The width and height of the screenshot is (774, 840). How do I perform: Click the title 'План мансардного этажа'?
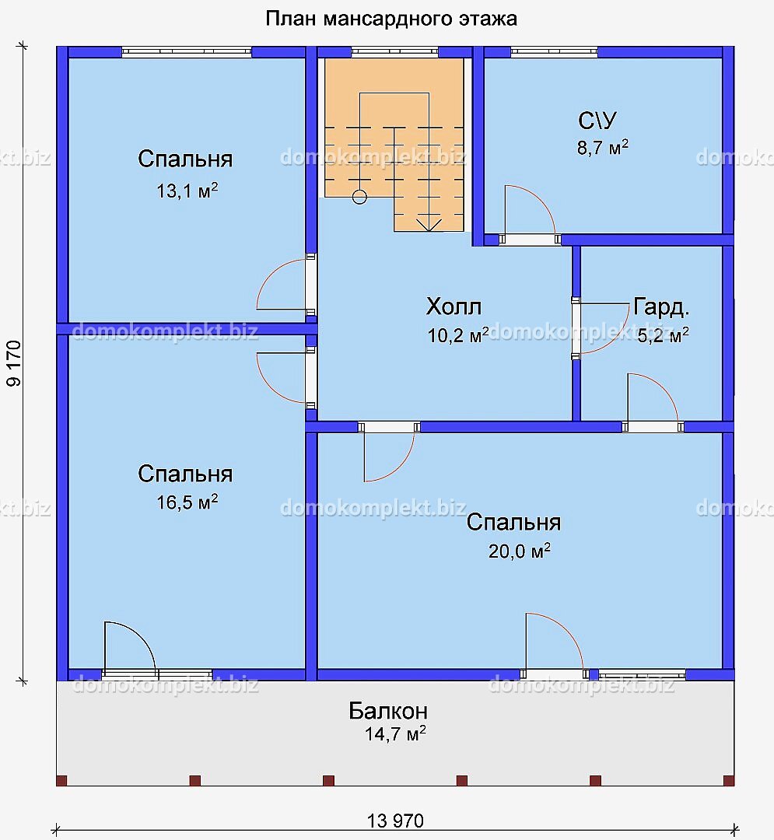[391, 19]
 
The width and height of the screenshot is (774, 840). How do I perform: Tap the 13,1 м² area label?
[187, 191]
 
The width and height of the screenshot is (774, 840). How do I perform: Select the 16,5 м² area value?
[187, 502]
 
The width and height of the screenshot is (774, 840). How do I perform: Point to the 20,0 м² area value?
[519, 551]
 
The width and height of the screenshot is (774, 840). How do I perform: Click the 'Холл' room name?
[454, 306]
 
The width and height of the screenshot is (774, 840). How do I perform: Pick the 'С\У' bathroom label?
[597, 121]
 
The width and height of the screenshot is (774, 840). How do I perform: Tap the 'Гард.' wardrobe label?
[661, 306]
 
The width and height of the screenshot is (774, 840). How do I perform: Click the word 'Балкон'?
[388, 711]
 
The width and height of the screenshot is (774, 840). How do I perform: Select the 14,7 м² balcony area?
[395, 733]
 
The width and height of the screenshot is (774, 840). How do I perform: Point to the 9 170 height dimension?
[14, 362]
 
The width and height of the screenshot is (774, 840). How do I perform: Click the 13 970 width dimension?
[395, 821]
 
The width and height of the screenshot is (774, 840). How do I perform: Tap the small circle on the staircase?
[359, 197]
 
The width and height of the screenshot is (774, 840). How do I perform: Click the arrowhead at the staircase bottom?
[429, 225]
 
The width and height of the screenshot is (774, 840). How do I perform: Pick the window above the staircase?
[394, 52]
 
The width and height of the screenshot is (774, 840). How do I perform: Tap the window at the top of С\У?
[555, 52]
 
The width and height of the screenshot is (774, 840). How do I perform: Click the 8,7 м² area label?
[603, 147]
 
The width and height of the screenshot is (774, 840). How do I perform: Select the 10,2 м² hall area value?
[458, 335]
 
